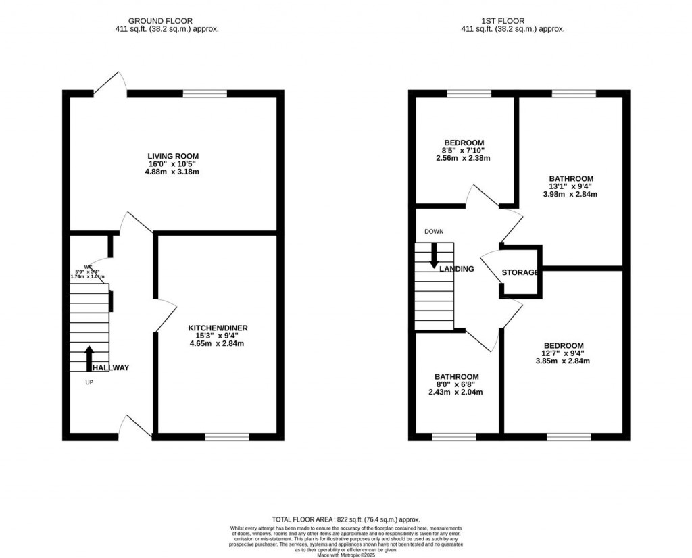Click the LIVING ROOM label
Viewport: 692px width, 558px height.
(173, 156)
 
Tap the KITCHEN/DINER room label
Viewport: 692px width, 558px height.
(218, 328)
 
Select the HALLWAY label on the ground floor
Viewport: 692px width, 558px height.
(111, 368)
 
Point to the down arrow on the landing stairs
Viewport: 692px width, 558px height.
(434, 255)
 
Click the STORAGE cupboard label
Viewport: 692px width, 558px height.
(520, 273)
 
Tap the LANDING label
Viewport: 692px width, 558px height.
(457, 269)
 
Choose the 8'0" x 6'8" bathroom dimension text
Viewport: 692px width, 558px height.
(456, 385)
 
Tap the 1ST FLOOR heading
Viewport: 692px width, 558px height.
(512, 21)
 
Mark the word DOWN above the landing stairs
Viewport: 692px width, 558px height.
(434, 232)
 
